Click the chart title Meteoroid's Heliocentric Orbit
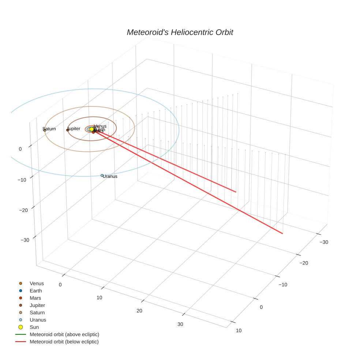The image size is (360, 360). tap(180, 33)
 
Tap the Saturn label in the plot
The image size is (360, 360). tap(50, 129)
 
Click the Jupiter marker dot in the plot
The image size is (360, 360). tap(68, 130)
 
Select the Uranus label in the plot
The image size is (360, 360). tap(110, 176)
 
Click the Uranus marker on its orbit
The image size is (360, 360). tap(102, 176)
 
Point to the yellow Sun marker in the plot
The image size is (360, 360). tap(91, 129)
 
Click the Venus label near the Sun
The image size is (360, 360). tap(100, 126)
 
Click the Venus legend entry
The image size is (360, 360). tap(37, 284)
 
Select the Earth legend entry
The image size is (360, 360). tap(36, 291)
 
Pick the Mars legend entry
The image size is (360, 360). tap(35, 298)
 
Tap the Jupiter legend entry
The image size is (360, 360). tap(37, 305)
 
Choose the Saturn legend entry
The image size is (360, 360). tap(37, 313)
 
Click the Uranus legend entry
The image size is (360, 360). tap(38, 320)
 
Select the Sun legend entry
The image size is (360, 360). tap(34, 327)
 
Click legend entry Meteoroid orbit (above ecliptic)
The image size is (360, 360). tap(64, 334)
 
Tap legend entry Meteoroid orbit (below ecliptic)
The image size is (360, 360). tap(64, 342)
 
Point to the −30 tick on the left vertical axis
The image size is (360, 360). tap(25, 240)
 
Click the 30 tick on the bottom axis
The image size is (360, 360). tap(180, 324)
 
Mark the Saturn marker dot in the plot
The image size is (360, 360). tap(45, 130)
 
